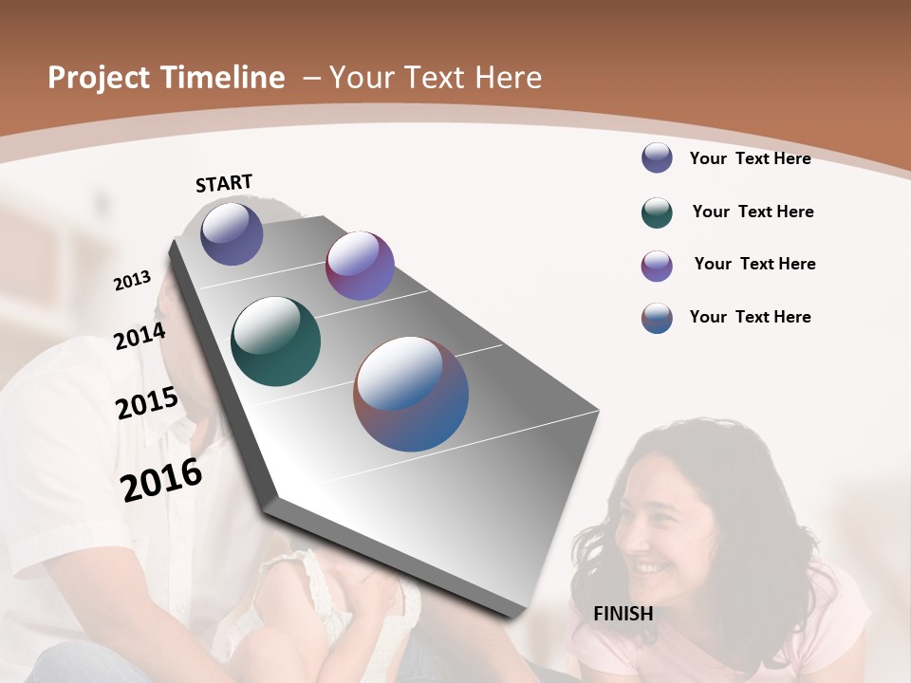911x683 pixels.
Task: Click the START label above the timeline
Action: [x=224, y=183]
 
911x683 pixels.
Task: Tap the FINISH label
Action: [x=623, y=614]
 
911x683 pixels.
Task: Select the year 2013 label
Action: [x=133, y=280]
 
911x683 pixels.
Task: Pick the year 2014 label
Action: [x=139, y=336]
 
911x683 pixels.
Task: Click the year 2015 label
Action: [x=147, y=403]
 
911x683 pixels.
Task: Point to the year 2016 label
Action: [x=161, y=479]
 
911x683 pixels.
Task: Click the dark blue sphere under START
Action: [x=232, y=233]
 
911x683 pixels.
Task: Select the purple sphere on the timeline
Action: [x=360, y=266]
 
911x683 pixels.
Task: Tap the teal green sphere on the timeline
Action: [x=276, y=341]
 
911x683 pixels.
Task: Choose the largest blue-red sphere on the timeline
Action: [x=411, y=394]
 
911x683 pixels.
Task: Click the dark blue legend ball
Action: [x=657, y=157]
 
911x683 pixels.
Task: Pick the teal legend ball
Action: [x=657, y=212]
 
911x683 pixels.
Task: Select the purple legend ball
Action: [x=657, y=266]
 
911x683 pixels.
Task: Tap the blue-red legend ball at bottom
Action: [x=657, y=318]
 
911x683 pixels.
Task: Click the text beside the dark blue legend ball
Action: [x=750, y=158]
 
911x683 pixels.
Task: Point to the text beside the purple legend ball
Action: [x=754, y=264]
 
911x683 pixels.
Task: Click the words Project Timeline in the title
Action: [x=166, y=78]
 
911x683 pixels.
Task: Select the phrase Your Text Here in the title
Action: [x=435, y=78]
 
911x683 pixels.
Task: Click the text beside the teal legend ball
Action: [x=753, y=212]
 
